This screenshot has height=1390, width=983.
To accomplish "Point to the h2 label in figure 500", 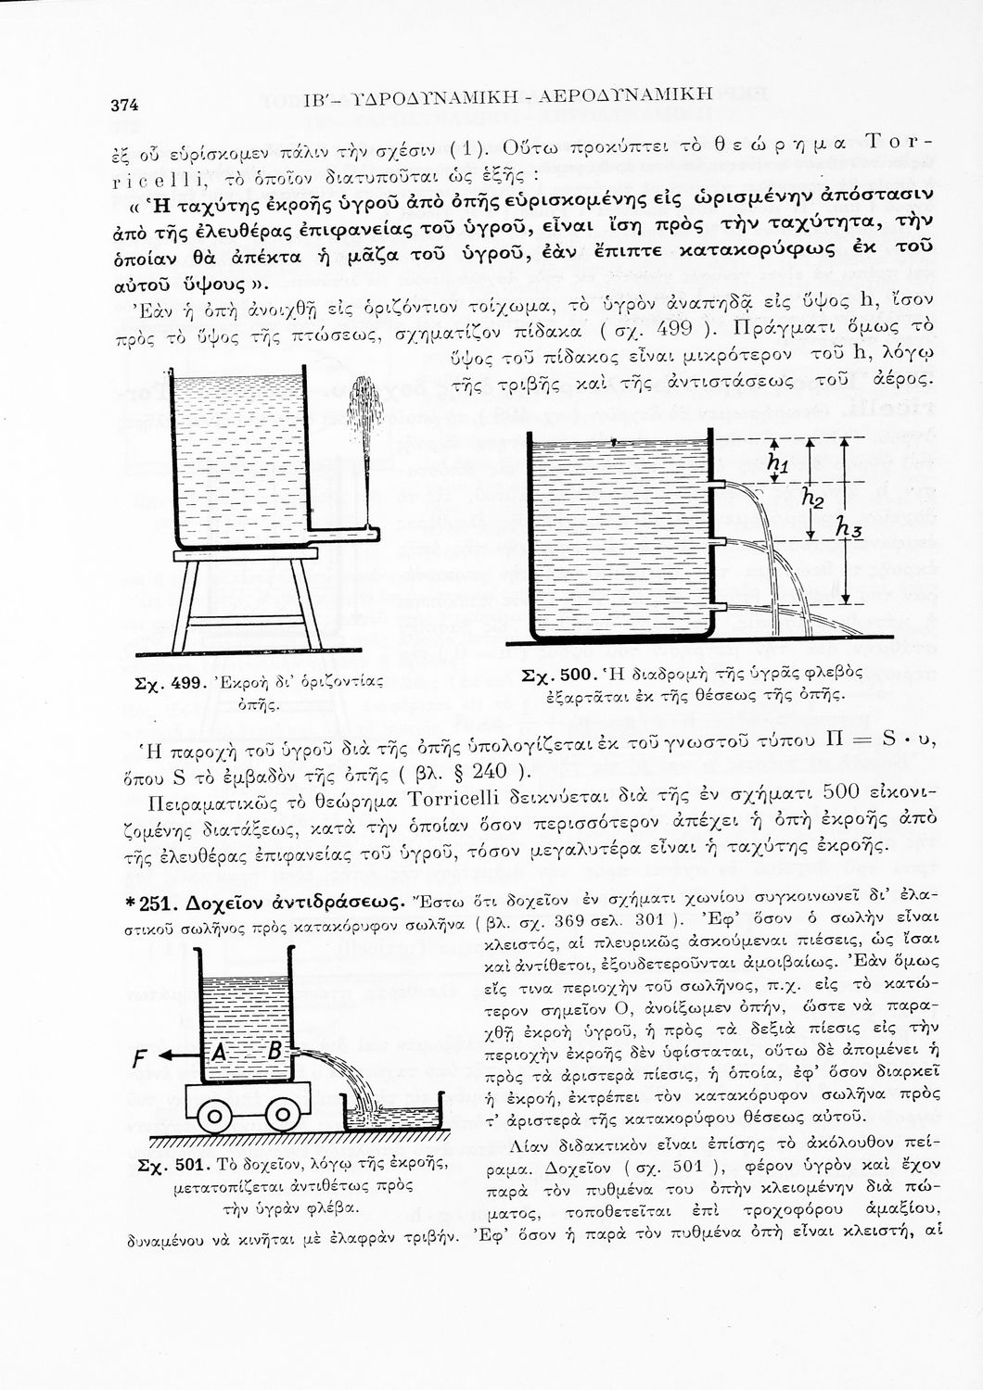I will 813,499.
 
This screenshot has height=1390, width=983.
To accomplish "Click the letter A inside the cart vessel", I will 221,1053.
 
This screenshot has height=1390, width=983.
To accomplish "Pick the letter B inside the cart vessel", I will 274,1053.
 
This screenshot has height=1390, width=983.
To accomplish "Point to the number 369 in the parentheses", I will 565,922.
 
